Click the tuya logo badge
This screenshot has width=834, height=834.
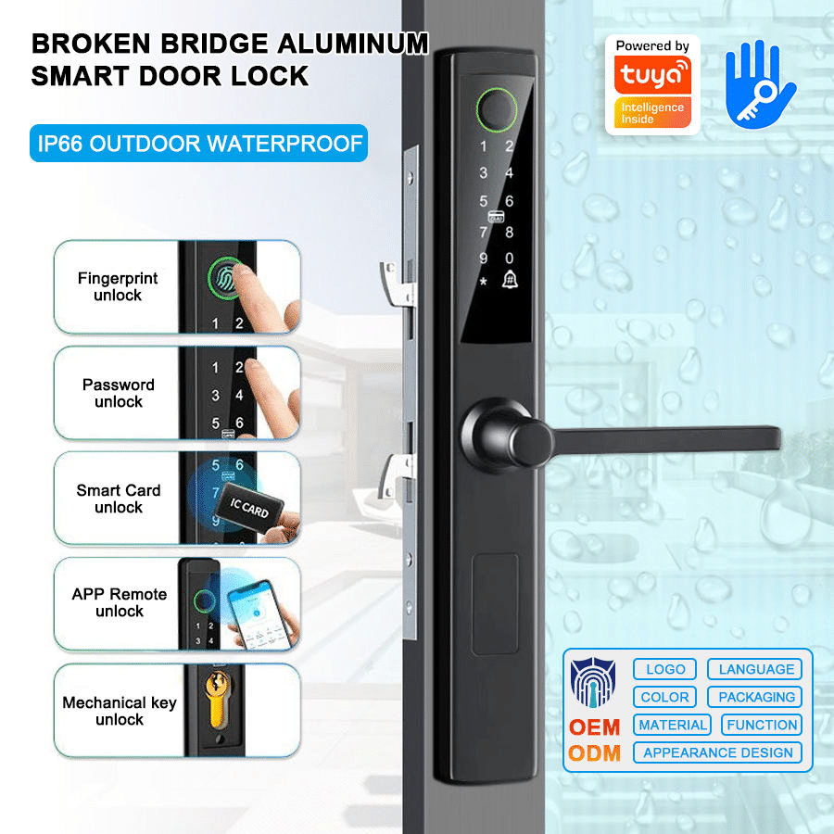point(652,84)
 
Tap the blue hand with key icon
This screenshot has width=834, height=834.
point(759,85)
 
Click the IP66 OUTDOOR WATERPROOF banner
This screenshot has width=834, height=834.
point(199,143)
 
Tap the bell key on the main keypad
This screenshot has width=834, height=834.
point(510,280)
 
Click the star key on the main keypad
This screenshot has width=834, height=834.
point(483,281)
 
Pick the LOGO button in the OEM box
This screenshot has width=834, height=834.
point(664,669)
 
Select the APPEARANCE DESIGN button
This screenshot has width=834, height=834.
point(717,752)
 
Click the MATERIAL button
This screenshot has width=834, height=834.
point(673,725)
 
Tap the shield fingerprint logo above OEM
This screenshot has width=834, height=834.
point(592,683)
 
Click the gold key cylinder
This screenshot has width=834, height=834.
point(218,700)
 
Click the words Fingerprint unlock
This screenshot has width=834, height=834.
point(118,286)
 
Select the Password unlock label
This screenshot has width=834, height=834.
point(118,393)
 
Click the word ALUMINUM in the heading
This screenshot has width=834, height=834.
point(353,44)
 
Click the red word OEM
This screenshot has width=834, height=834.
point(595,727)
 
